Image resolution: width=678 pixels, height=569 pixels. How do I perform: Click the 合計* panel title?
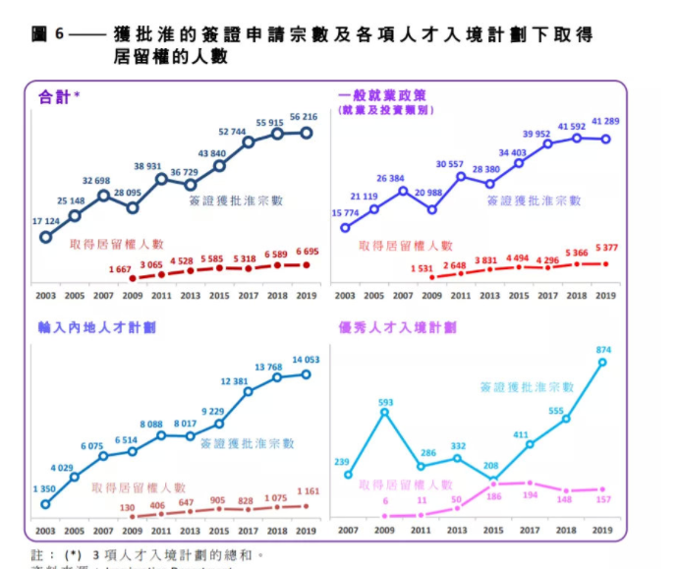[x=58, y=96]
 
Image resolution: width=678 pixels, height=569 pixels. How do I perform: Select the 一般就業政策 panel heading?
[x=382, y=95]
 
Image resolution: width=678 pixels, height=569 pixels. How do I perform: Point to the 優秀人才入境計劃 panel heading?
[x=398, y=326]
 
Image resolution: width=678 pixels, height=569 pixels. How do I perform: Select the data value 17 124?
[x=46, y=221]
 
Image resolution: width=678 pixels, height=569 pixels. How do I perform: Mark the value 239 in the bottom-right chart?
[x=345, y=462]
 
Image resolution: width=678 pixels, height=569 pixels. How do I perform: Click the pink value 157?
[x=602, y=500]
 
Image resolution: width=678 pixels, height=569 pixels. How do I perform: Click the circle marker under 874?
[x=602, y=362]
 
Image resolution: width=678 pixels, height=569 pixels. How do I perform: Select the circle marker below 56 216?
[x=307, y=133]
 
